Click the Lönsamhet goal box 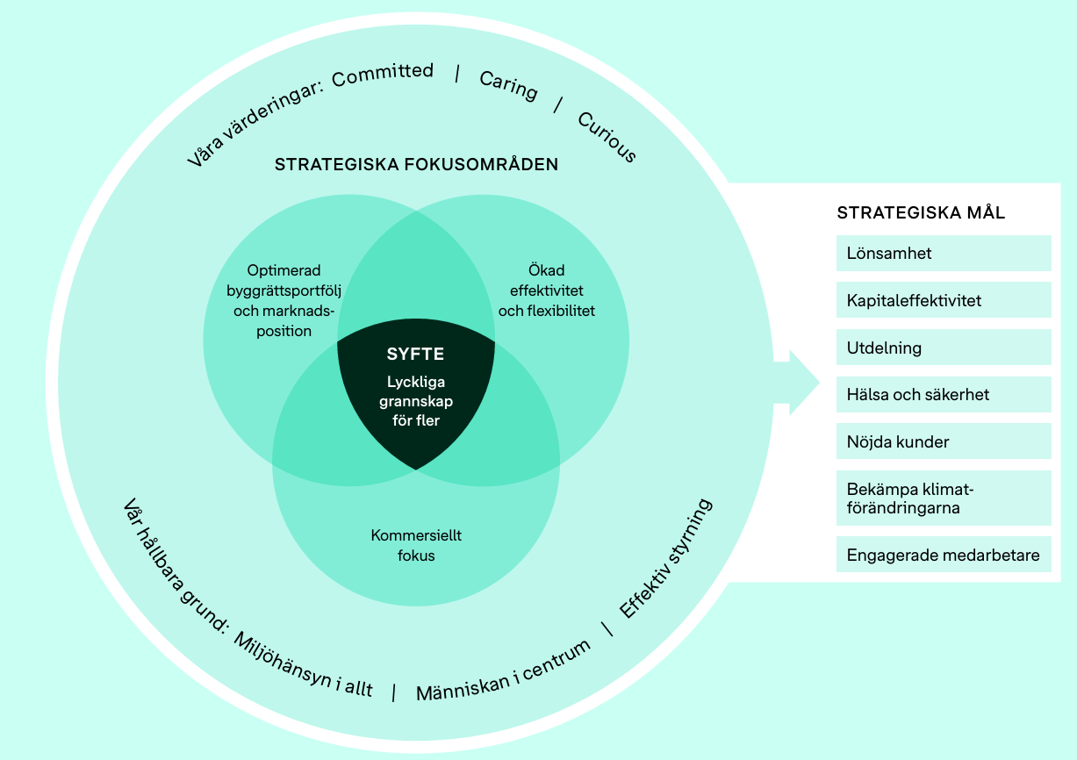(943, 254)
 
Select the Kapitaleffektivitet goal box (943, 300)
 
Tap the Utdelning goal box (943, 348)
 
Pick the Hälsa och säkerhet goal (943, 395)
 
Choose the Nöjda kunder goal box (943, 441)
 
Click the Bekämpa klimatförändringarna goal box (943, 498)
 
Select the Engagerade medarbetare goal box (943, 555)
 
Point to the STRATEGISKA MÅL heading (921, 213)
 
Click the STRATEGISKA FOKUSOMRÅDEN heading (416, 164)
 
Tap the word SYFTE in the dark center (415, 355)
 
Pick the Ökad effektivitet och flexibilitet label (546, 290)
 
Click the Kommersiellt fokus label (415, 545)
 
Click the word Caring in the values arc (508, 85)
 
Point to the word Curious (607, 136)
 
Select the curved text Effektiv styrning (666, 558)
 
